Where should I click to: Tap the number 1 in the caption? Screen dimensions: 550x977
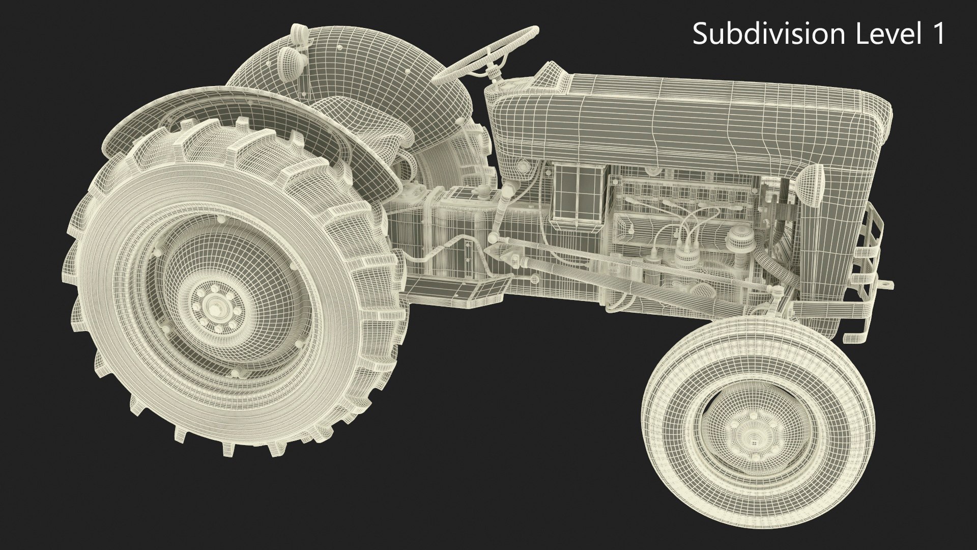938,35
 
